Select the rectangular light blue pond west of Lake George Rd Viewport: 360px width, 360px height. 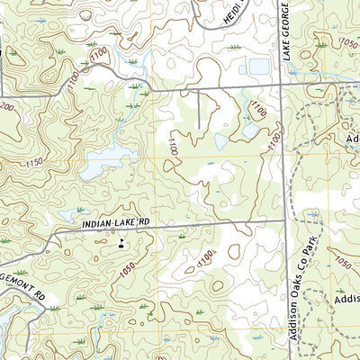258,67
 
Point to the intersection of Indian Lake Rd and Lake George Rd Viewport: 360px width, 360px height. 286,219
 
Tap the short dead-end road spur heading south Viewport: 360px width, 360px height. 198,108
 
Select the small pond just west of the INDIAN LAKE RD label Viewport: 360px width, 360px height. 69,214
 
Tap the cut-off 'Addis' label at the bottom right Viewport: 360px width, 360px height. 346,299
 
